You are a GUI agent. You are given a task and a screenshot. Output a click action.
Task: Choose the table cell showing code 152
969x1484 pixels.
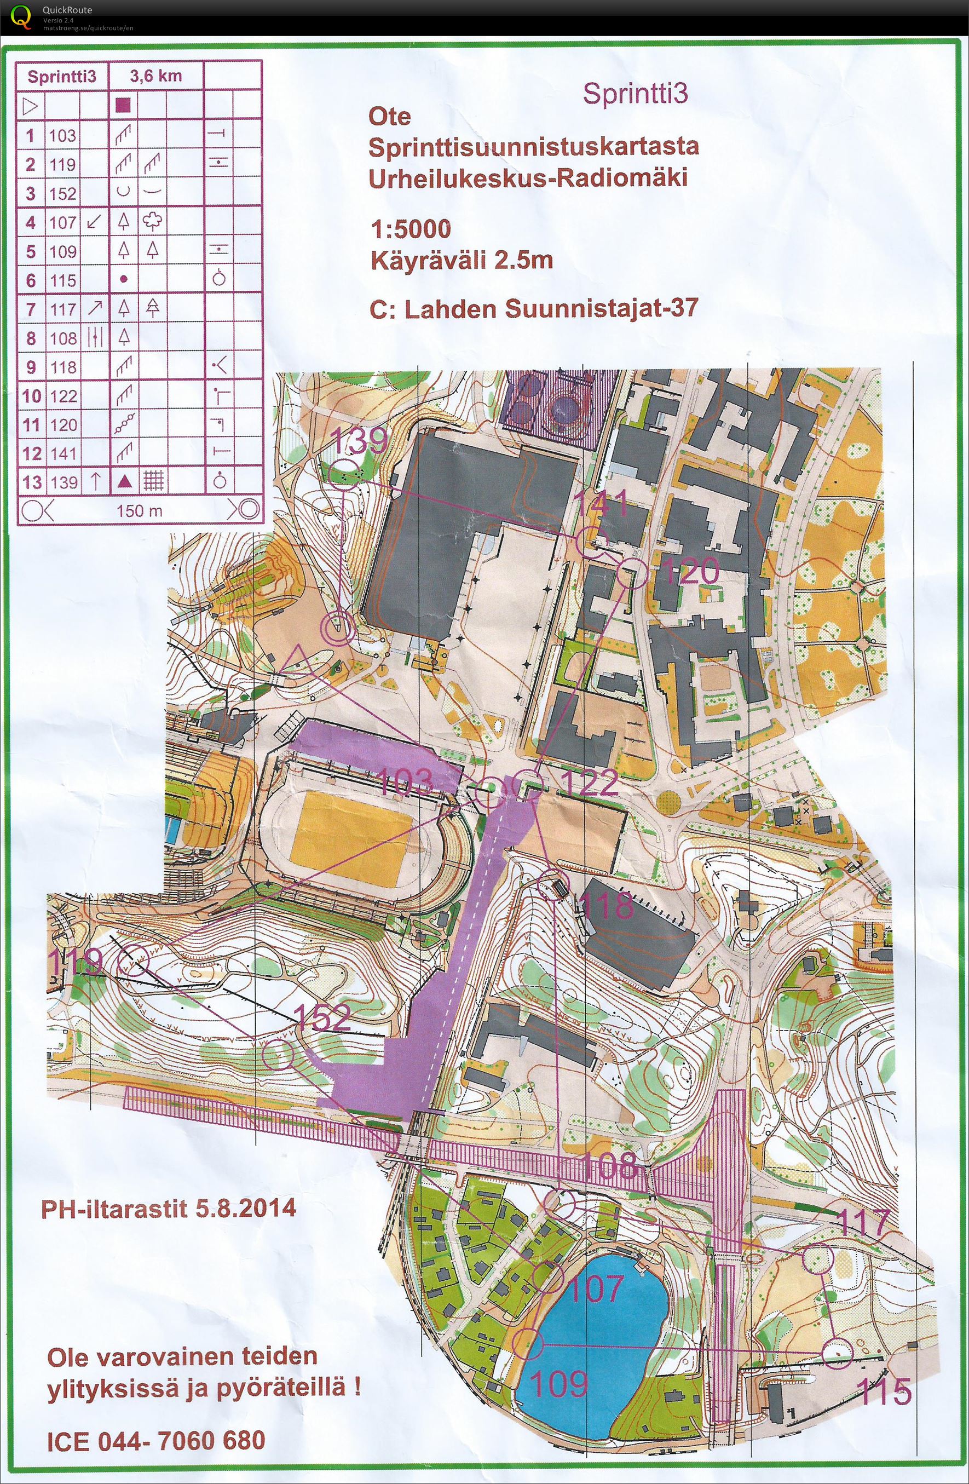point(63,193)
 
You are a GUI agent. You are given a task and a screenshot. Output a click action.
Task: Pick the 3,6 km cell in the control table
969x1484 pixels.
point(156,77)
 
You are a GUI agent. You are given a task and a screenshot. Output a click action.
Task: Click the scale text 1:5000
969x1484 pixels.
point(409,229)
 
